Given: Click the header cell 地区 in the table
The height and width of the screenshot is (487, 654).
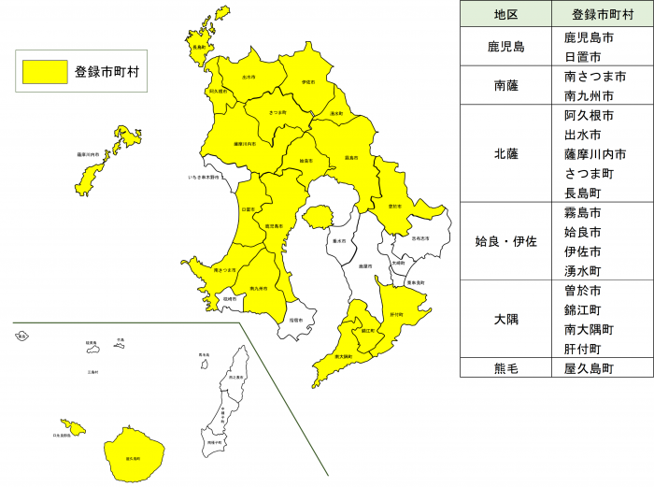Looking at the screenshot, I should [x=506, y=14].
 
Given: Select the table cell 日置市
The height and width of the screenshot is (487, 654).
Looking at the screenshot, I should [x=589, y=58].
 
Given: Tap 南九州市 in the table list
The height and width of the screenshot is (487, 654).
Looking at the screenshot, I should [x=589, y=96].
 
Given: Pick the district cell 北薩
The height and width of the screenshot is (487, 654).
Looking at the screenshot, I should [x=506, y=153].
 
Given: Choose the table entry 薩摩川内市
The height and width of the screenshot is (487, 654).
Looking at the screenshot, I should [x=595, y=154].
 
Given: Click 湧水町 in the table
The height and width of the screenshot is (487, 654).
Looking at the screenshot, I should [x=589, y=270].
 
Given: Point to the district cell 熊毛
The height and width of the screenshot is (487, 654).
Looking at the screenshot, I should [x=506, y=368].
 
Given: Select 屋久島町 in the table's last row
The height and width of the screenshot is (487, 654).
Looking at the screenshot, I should [x=589, y=368].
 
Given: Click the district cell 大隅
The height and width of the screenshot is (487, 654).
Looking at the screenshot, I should [x=506, y=319].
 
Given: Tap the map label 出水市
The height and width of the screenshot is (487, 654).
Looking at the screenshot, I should [x=248, y=78].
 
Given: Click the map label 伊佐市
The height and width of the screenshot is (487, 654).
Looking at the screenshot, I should [x=307, y=82].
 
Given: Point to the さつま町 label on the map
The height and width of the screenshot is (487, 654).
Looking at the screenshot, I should [x=277, y=112].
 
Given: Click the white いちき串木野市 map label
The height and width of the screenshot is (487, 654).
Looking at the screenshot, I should [x=204, y=176].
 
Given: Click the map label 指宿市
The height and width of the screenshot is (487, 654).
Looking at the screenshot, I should [x=295, y=320].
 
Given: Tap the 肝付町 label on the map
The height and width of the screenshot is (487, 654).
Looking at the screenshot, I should [x=396, y=314].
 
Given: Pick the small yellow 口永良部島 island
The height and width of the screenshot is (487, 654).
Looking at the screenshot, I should [x=72, y=428].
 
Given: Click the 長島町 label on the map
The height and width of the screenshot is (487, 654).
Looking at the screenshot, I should [x=198, y=47].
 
